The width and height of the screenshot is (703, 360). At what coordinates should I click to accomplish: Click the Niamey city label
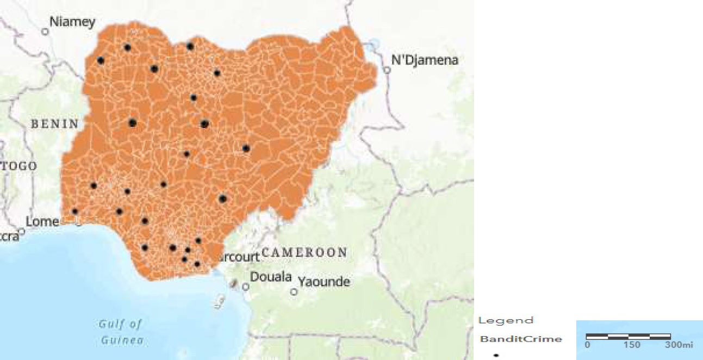pos(72,22)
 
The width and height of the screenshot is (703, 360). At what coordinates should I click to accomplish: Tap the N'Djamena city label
pos(425,60)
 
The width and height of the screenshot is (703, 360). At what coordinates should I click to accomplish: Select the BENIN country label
pos(54,124)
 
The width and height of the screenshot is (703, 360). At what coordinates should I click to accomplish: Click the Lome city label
pos(42,222)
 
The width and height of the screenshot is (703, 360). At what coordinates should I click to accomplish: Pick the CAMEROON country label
pos(304,252)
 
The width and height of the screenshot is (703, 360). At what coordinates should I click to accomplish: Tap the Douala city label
pos(271,277)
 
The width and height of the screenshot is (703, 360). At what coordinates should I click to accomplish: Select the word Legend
pos(506,320)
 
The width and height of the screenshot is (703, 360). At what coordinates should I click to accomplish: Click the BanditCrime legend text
pos(521,339)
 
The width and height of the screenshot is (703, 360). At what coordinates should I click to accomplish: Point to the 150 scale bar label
pos(632,345)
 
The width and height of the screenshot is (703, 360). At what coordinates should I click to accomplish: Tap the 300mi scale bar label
pos(679,345)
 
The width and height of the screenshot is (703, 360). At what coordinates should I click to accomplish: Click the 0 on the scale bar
pos(587,345)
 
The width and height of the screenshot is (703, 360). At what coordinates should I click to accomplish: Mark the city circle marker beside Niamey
pos(45,32)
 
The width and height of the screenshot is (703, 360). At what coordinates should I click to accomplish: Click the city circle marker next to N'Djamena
pos(387,70)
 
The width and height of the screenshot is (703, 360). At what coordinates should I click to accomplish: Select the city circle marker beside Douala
pos(246,287)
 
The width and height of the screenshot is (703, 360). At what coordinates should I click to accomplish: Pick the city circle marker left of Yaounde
pos(294,292)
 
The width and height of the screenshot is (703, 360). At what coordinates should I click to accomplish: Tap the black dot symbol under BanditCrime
pos(496,355)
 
